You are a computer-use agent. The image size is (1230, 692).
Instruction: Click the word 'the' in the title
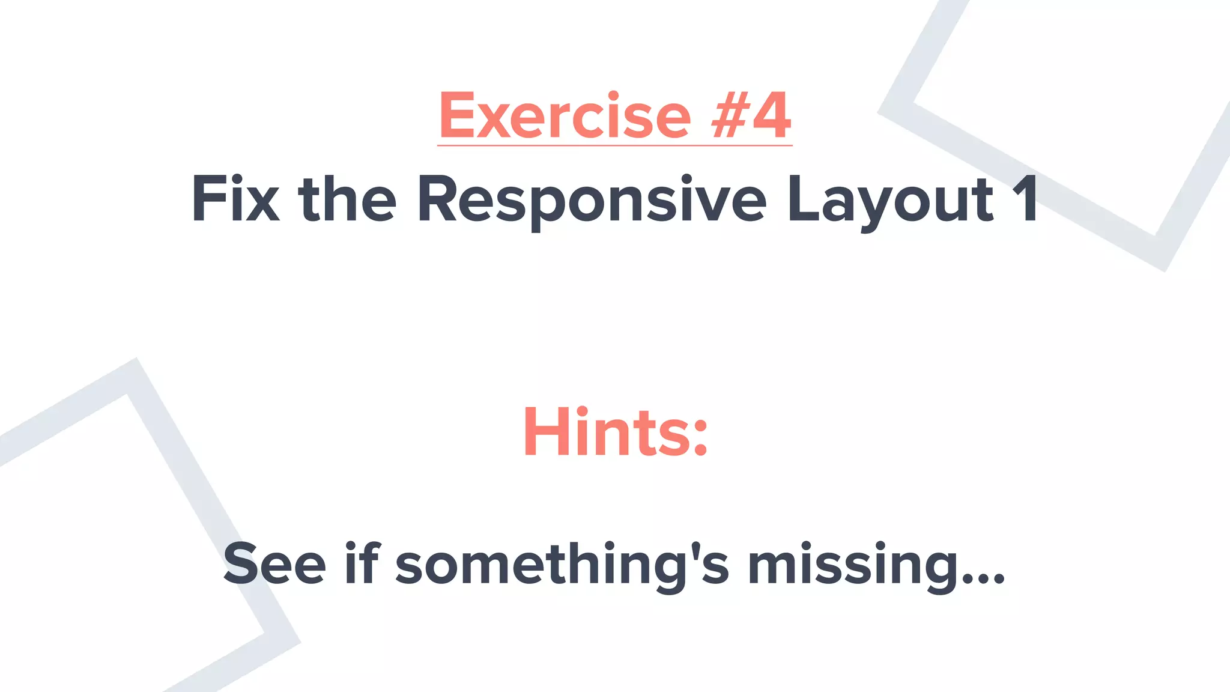click(347, 199)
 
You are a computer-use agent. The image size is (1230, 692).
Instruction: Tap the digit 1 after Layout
click(1025, 199)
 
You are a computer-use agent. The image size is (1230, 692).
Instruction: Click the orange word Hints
click(607, 432)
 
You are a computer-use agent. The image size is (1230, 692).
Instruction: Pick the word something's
click(562, 565)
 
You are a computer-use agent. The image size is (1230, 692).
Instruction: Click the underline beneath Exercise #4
click(614, 145)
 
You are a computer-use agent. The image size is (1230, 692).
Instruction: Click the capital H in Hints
click(546, 432)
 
